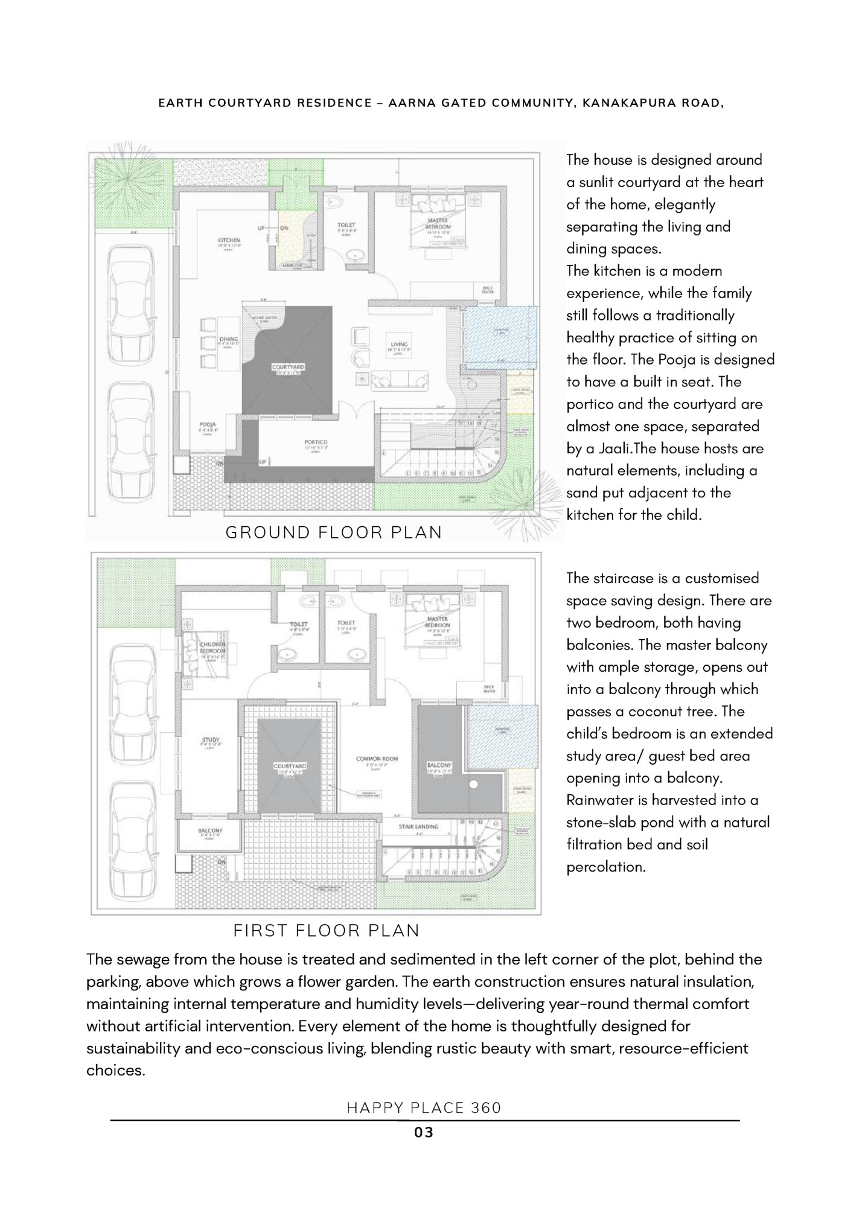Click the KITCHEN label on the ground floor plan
pyautogui.click(x=229, y=240)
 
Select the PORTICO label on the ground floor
pyautogui.click(x=316, y=442)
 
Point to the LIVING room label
pyautogui.click(x=400, y=345)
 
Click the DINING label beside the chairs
pyautogui.click(x=229, y=339)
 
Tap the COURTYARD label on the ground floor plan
pyautogui.click(x=288, y=367)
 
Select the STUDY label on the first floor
pyautogui.click(x=211, y=740)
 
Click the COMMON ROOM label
pyautogui.click(x=377, y=759)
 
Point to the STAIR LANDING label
pyautogui.click(x=418, y=826)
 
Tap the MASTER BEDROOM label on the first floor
pyautogui.click(x=437, y=622)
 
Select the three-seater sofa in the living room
pyautogui.click(x=400, y=381)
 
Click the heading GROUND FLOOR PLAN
pyautogui.click(x=334, y=532)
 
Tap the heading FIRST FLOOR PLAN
pyautogui.click(x=327, y=931)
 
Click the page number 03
pyautogui.click(x=424, y=1133)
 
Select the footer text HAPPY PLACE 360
pyautogui.click(x=424, y=1108)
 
